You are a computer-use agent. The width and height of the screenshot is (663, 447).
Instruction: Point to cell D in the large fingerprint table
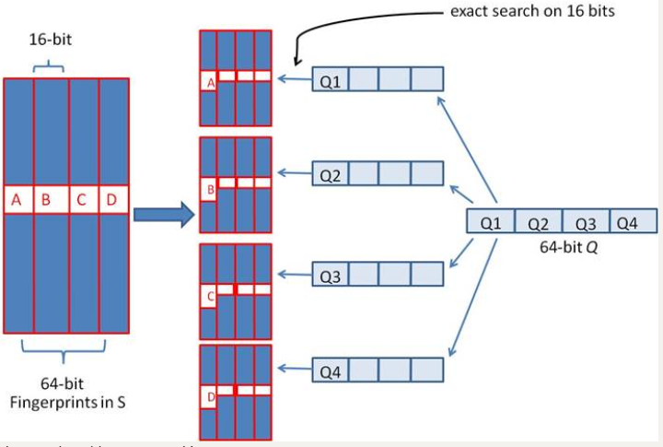112,200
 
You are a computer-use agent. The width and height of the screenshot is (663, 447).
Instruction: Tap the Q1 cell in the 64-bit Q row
491,223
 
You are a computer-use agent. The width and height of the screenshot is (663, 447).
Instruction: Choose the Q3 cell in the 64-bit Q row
586,223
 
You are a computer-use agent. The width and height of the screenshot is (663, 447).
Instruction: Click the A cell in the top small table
209,82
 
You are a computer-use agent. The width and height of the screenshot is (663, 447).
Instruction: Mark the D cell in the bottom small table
209,397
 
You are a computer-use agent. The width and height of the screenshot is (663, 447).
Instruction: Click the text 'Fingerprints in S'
63,403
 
